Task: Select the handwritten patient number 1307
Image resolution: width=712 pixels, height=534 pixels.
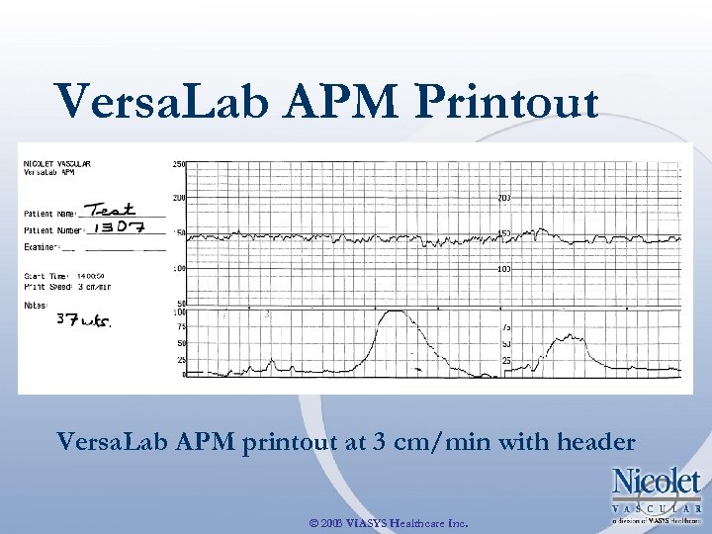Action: (117, 227)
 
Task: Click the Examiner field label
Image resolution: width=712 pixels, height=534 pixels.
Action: (43, 247)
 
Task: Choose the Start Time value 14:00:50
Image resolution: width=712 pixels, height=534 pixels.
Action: (93, 276)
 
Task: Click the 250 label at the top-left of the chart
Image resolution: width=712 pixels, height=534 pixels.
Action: (179, 164)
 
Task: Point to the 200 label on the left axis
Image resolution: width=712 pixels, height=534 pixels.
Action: (179, 198)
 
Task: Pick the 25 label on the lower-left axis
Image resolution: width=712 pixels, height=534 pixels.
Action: (181, 359)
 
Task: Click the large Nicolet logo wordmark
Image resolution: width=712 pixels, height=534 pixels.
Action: (657, 483)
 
